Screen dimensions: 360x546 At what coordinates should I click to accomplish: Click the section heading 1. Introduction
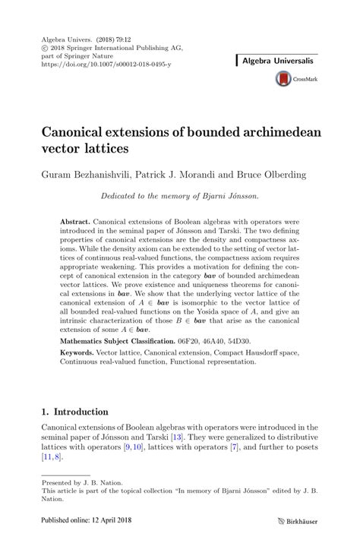(x=74, y=412)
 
